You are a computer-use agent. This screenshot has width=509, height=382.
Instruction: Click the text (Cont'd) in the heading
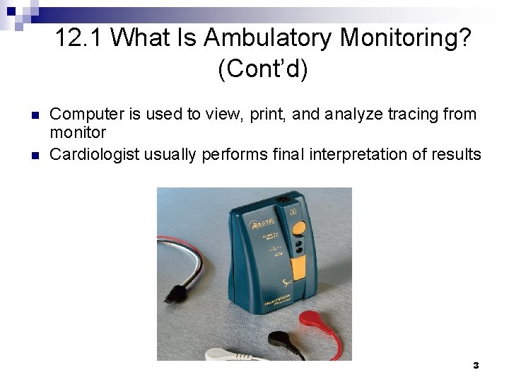263,69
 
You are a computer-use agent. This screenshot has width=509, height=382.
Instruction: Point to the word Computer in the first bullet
83,115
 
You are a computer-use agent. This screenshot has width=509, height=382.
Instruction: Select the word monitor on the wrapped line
78,132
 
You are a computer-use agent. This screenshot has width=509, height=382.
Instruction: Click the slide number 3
476,366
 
